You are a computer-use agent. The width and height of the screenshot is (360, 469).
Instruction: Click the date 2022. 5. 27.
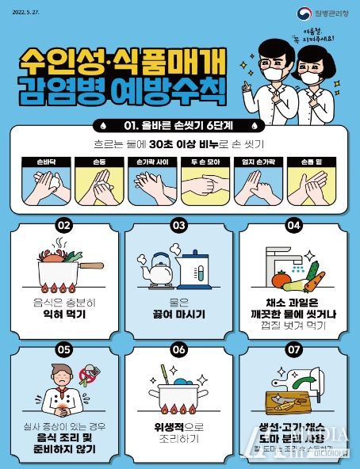(26, 11)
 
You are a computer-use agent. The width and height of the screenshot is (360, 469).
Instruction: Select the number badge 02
(65, 225)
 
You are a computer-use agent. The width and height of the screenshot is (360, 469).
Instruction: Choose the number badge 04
(293, 225)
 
